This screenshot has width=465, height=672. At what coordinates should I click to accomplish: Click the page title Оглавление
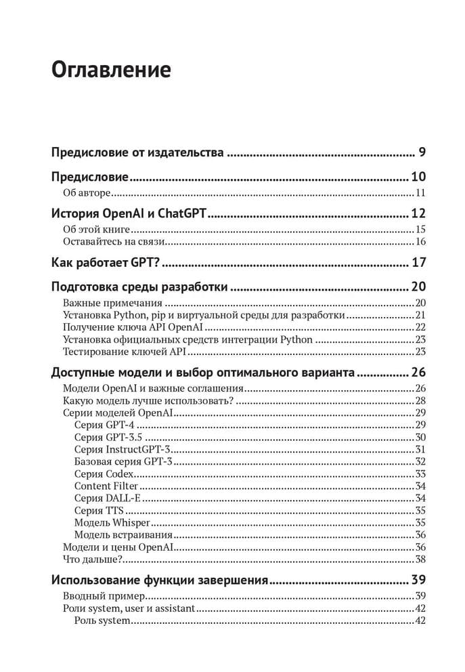(x=111, y=70)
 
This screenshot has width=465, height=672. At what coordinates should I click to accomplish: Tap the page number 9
(x=422, y=152)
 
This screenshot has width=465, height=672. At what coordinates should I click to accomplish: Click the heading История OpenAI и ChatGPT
(x=129, y=215)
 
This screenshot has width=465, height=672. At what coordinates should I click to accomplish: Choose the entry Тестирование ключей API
(x=125, y=352)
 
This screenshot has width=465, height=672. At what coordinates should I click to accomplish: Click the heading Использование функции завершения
(x=160, y=581)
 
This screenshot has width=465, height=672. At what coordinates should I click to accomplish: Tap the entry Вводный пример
(x=104, y=596)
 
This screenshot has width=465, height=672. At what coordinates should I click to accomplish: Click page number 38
(x=420, y=559)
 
